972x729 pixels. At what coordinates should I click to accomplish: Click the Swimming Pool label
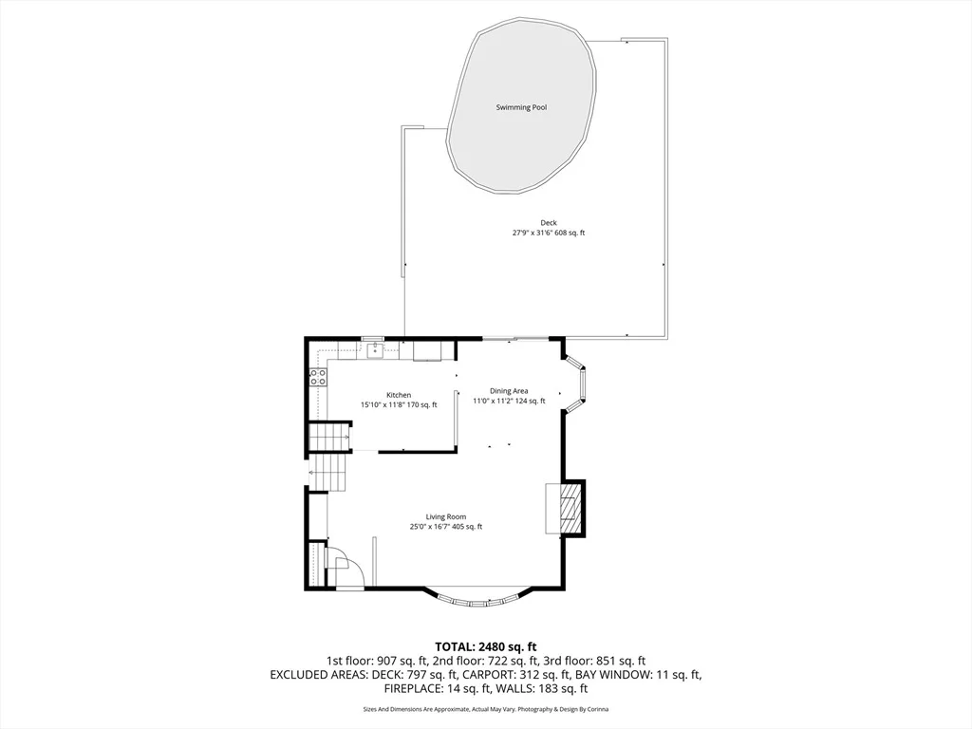pyautogui.click(x=521, y=107)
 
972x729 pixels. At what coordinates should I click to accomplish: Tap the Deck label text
pyautogui.click(x=549, y=222)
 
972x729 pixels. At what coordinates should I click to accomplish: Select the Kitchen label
pyautogui.click(x=399, y=395)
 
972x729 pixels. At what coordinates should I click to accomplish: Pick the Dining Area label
pyautogui.click(x=509, y=391)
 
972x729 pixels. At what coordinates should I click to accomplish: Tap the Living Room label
pyautogui.click(x=446, y=517)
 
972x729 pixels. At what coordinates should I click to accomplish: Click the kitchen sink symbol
pyautogui.click(x=374, y=351)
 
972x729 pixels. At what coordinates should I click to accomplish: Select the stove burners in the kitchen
pyautogui.click(x=318, y=377)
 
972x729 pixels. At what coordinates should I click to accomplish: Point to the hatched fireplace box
pyautogui.click(x=570, y=507)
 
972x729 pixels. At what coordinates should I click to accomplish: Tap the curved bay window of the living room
pyautogui.click(x=477, y=600)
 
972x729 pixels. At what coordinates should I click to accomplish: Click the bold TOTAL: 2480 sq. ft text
pyautogui.click(x=485, y=647)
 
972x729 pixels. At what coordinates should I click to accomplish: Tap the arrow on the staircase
pyautogui.click(x=311, y=474)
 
